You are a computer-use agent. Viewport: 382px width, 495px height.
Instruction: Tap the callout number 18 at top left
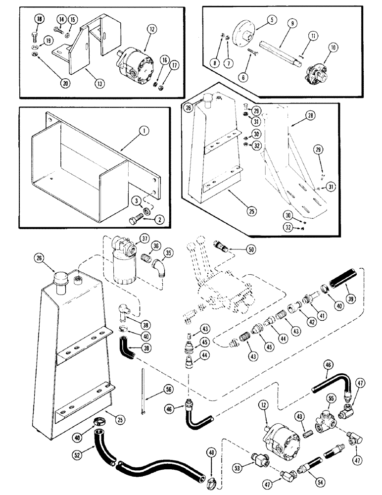click(38, 19)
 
